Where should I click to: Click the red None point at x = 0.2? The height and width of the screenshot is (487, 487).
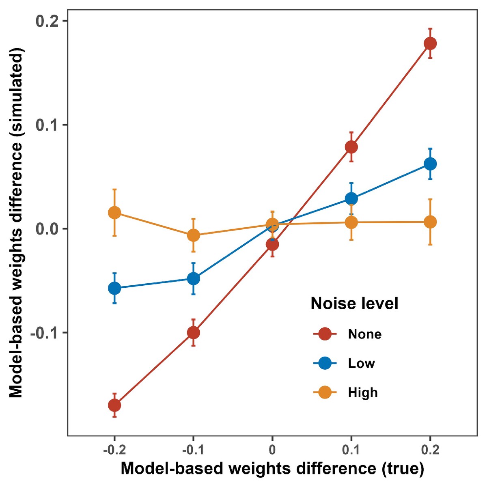coord(430,43)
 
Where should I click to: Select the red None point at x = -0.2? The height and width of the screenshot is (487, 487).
coord(114,405)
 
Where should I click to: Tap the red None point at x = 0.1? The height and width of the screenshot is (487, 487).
coord(351,147)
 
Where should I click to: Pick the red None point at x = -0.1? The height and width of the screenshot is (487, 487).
coord(194,333)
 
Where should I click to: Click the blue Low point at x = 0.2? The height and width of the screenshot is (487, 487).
coord(430,164)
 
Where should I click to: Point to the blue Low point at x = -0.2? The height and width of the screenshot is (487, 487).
coord(114,289)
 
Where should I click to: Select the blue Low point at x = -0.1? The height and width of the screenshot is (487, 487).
coord(194,279)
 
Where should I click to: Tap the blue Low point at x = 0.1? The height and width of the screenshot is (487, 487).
coord(351,198)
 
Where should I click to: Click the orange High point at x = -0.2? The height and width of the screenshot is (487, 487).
coord(114,213)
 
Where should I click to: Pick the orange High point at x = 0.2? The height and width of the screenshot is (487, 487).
coord(430,222)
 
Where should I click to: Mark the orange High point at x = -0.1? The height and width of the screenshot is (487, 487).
coord(194,235)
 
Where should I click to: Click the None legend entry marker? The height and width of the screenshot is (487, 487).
coord(325,334)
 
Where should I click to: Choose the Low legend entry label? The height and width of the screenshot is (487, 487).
coord(361,363)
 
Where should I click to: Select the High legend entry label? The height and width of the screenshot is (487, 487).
coord(363,392)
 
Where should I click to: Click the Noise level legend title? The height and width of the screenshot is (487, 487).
coord(354,304)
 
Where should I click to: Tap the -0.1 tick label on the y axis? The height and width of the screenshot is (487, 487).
coord(44,333)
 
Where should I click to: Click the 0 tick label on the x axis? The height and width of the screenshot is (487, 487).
coord(272,450)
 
